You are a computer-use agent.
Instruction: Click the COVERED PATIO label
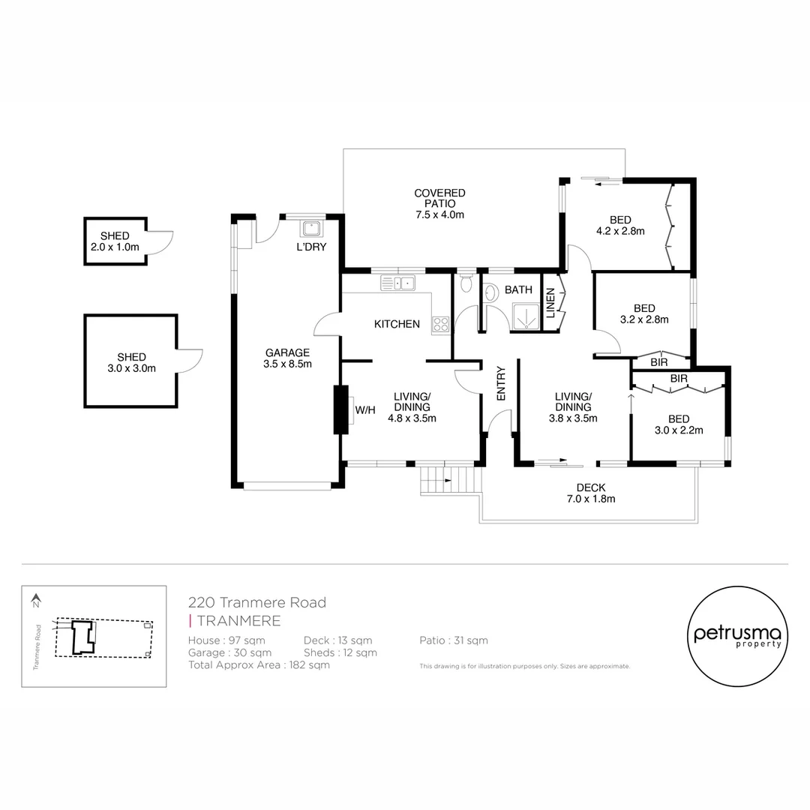pyautogui.click(x=439, y=203)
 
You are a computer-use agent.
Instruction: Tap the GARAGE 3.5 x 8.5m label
pyautogui.click(x=286, y=358)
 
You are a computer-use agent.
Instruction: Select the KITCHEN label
pyautogui.click(x=397, y=324)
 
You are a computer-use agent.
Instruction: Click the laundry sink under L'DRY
pyautogui.click(x=311, y=228)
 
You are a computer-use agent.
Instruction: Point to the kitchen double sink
pyautogui.click(x=397, y=283)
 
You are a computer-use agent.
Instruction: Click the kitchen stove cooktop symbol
pyautogui.click(x=440, y=325)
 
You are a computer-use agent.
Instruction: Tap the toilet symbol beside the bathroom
pyautogui.click(x=466, y=283)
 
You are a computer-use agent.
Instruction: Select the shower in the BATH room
pyautogui.click(x=525, y=316)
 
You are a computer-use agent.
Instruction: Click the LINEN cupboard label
pyautogui.click(x=550, y=303)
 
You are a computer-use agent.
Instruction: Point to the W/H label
pyautogui.click(x=364, y=409)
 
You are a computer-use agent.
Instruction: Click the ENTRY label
pyautogui.click(x=500, y=382)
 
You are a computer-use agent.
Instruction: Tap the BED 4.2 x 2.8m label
pyautogui.click(x=620, y=225)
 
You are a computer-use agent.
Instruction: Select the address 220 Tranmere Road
pyautogui.click(x=257, y=602)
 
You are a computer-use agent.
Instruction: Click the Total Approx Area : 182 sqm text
pyautogui.click(x=259, y=664)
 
